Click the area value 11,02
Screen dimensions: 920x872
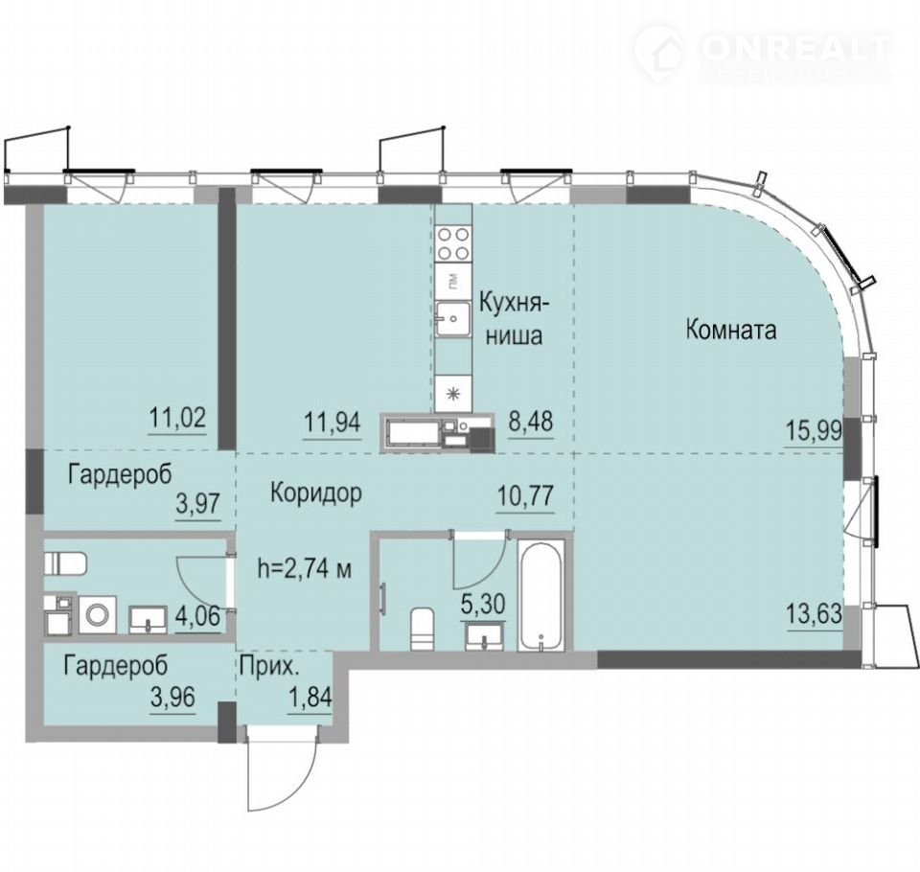point(178,419)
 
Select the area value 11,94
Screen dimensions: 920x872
point(332,422)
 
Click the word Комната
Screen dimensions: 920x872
point(731,330)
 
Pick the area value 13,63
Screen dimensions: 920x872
point(814,614)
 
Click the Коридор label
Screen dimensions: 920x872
point(315,493)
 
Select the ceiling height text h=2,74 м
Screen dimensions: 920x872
point(305,568)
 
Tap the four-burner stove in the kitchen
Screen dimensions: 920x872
point(454,243)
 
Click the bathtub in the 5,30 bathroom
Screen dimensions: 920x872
point(540,595)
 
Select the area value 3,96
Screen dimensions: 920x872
point(172,699)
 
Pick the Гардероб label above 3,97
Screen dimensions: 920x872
point(120,474)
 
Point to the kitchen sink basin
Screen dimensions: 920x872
point(453,319)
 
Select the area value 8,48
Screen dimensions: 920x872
point(530,422)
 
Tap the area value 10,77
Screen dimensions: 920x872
point(525,496)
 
